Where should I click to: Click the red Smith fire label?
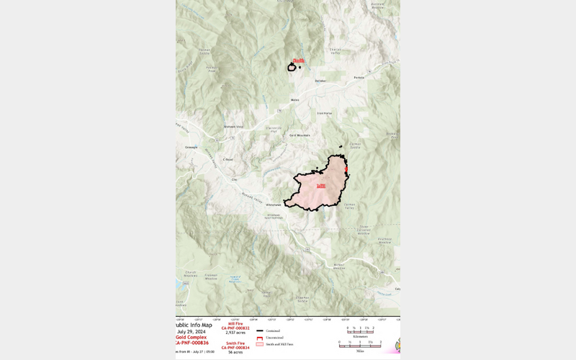(x=299, y=61)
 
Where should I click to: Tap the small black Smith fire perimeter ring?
(x=292, y=68)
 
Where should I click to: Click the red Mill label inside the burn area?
(x=320, y=186)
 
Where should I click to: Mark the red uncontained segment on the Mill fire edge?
(x=346, y=170)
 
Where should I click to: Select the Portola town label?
(x=359, y=77)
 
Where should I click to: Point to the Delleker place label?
(x=320, y=81)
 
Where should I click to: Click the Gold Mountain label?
(x=300, y=135)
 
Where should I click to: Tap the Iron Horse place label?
(x=325, y=113)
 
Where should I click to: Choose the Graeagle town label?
(x=191, y=147)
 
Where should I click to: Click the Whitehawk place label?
(x=274, y=204)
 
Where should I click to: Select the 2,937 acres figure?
(x=235, y=333)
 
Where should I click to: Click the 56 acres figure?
(x=235, y=352)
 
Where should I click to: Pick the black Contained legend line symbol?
(x=260, y=330)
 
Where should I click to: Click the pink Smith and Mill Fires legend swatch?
(x=260, y=344)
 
